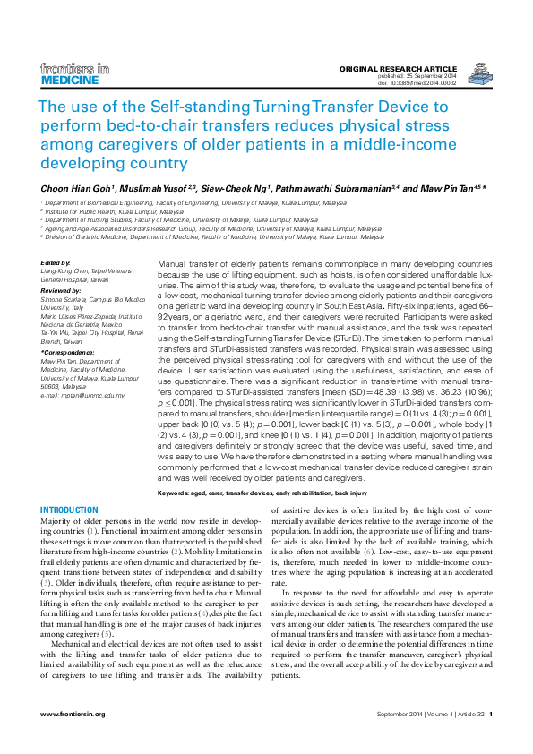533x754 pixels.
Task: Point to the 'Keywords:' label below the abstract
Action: tap(176, 493)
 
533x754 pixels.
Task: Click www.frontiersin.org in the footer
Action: tap(73, 714)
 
